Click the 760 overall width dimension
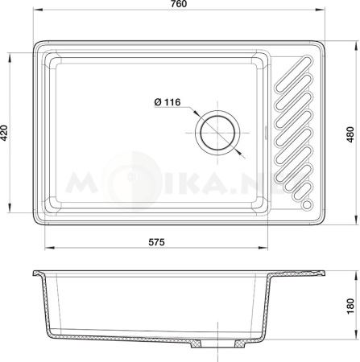point(179,4)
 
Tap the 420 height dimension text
point(5,133)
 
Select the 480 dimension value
point(350,134)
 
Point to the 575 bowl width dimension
point(156,242)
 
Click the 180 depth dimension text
point(350,306)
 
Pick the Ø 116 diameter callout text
point(168,102)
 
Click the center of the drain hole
point(217,133)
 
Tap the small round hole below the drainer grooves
point(307,204)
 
